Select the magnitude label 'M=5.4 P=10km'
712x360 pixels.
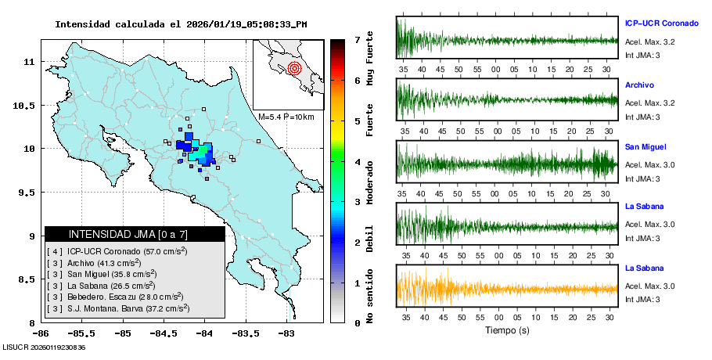[286, 117]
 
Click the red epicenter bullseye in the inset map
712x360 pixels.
[294, 68]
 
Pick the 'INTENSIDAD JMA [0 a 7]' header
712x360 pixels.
[128, 234]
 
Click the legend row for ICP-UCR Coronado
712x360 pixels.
[117, 251]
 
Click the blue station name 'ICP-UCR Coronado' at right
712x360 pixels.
[660, 23]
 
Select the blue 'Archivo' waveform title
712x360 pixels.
[639, 85]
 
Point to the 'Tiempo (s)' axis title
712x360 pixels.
[507, 330]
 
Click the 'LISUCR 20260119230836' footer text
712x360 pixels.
[44, 347]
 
